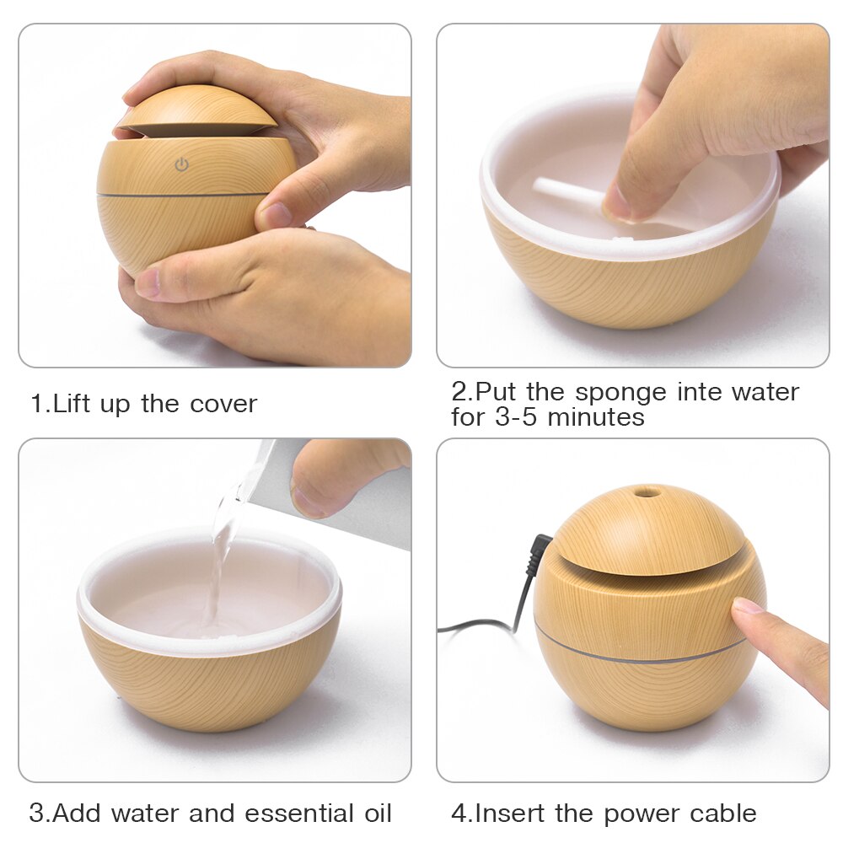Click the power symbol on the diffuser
pyautogui.click(x=181, y=165)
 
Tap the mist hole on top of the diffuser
pyautogui.click(x=647, y=491)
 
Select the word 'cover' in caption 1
pyautogui.click(x=223, y=404)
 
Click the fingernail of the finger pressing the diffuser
pyautogui.click(x=746, y=607)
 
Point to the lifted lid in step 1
pyautogui.click(x=198, y=110)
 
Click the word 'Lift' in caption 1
pyautogui.click(x=72, y=404)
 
